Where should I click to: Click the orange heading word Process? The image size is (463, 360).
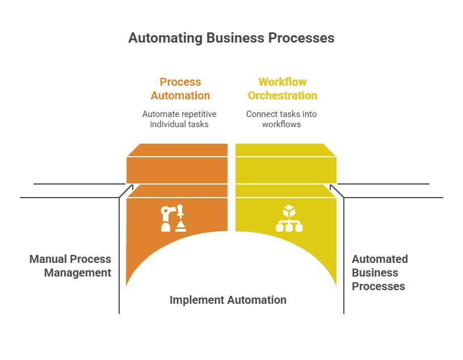coord(180,82)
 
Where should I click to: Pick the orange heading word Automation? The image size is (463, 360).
coord(180,95)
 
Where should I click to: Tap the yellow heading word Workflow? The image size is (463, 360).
coord(282,82)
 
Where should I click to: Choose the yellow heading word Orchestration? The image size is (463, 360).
coord(282,95)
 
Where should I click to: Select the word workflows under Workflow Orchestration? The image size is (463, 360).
coord(281,124)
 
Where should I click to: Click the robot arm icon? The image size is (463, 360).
coord(173,219)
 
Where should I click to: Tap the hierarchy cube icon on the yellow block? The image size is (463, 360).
coord(289,219)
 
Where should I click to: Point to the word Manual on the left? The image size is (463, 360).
coord(47,259)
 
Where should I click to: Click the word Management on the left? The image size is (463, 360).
coord(77,273)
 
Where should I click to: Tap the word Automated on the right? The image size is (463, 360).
coord(380,259)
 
